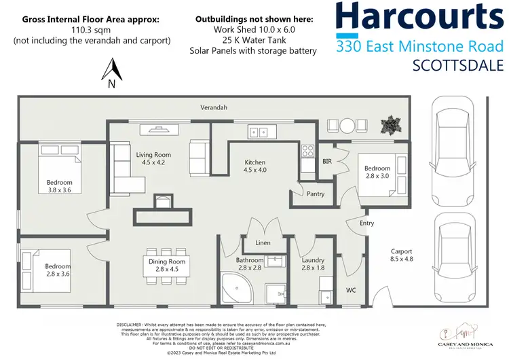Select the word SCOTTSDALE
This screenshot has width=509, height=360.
click(458, 65)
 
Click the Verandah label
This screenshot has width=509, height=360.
click(213, 107)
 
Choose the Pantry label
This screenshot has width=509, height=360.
click(315, 194)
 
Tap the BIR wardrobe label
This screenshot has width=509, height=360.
click(326, 162)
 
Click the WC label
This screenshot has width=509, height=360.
click(351, 290)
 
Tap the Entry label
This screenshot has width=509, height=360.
click(366, 223)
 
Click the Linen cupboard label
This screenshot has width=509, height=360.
click(263, 243)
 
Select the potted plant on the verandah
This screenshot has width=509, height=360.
click(392, 125)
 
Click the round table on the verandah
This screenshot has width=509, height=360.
click(347, 125)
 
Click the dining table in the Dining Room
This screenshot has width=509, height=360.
click(166, 265)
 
